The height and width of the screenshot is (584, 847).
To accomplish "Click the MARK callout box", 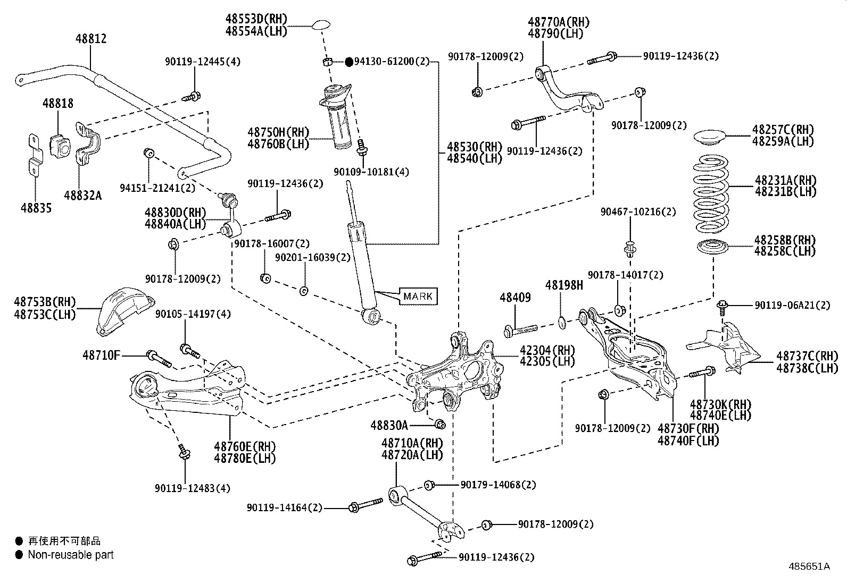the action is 418,296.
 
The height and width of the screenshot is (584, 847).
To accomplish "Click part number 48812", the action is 91,39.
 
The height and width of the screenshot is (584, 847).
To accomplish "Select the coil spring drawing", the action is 711,194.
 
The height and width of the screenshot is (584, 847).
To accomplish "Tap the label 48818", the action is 58,104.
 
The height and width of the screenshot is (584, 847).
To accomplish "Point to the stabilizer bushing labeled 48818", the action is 60,146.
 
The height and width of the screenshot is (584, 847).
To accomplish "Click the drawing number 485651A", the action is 809,566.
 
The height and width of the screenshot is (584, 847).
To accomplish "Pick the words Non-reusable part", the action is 71,555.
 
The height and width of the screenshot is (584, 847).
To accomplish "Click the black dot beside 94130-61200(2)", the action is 349,62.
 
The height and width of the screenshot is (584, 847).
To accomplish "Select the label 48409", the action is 516,298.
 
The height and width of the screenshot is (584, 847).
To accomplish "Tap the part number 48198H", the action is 564,285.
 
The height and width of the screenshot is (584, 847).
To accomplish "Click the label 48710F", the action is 102,355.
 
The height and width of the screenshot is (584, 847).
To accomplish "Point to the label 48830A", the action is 389,425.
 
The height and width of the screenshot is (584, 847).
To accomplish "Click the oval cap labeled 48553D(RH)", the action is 321,25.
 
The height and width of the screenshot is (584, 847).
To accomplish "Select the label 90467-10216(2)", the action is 638,212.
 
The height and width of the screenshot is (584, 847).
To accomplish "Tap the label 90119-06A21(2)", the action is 793,305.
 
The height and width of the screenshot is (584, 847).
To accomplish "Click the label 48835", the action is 36,208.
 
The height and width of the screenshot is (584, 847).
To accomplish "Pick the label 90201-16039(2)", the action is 313,258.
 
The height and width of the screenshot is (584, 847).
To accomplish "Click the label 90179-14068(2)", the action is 499,485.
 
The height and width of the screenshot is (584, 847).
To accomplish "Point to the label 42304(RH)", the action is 547,350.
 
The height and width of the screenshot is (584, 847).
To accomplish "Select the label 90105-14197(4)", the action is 193,314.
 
